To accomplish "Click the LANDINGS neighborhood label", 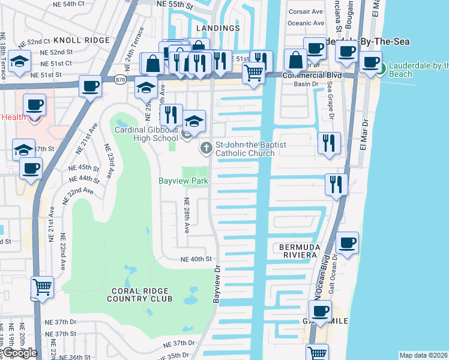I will tap(217, 28).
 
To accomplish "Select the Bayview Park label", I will tap(182, 181).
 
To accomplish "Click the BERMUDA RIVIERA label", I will tap(297, 251).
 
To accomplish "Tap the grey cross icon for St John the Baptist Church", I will tap(206, 147).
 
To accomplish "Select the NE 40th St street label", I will tap(197, 259).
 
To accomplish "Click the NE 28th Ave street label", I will tap(186, 215).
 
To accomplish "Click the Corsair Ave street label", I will tap(306, 11).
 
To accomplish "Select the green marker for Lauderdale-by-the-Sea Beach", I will tap(380, 69).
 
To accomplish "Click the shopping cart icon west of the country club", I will tap(42, 289).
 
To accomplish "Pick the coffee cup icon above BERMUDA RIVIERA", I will tap(348, 244).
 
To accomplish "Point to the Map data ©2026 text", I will tap(423, 355).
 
